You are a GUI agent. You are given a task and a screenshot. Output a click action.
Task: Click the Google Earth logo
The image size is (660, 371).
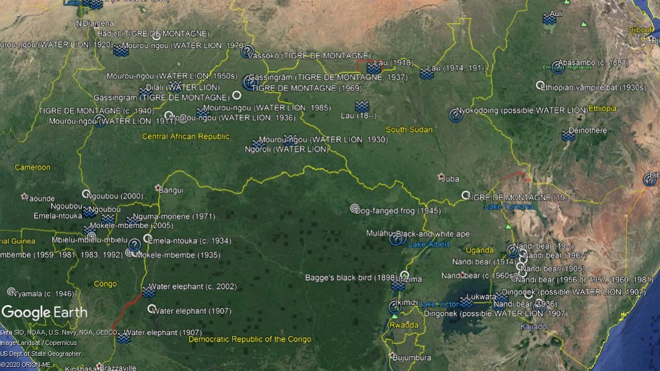point(45,313)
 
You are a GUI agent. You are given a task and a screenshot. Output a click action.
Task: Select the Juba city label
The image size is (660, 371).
point(449,179)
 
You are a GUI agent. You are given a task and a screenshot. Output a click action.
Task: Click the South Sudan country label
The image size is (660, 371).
point(409,129)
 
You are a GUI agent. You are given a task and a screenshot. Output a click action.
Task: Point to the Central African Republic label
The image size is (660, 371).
point(186,137)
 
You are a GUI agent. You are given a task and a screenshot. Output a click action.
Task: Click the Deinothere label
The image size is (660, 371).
point(588,131)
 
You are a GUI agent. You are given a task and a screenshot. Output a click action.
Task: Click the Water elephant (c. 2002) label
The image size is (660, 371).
point(185,287)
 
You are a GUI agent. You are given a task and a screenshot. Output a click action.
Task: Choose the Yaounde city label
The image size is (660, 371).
point(40,198)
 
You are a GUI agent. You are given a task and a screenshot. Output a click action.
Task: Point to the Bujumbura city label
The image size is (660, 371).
point(412,358)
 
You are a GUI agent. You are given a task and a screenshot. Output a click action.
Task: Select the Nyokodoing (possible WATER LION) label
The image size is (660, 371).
point(522,110)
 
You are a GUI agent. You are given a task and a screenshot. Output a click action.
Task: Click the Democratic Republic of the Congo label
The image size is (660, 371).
point(249,339)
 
